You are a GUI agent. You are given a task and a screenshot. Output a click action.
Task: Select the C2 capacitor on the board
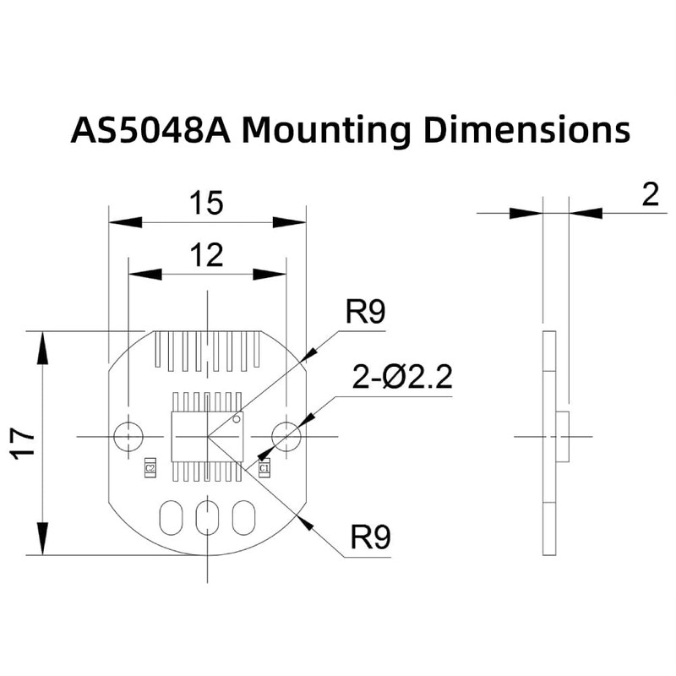coord(150,467)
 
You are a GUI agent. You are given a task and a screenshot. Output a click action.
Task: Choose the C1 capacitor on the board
coord(264,467)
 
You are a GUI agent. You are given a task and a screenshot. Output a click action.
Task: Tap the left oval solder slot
coord(171,517)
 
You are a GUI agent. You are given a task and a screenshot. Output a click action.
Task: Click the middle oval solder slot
coord(207,517)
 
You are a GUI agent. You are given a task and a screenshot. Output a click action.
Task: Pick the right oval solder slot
coord(243,517)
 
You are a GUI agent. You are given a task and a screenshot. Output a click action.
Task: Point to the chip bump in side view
coord(564,436)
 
